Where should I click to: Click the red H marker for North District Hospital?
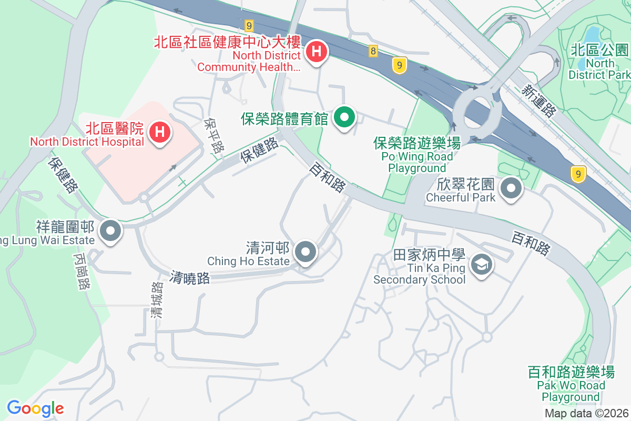160,131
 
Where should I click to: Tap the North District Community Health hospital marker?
317,52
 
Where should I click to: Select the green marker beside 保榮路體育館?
344,117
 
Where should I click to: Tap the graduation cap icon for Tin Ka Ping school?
481,264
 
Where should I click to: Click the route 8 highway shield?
373,51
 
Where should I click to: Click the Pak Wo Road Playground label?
571,385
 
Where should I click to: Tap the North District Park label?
599,63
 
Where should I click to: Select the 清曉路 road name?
190,278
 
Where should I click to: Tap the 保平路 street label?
214,136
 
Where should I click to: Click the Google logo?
35,408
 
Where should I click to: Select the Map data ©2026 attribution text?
586,413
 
